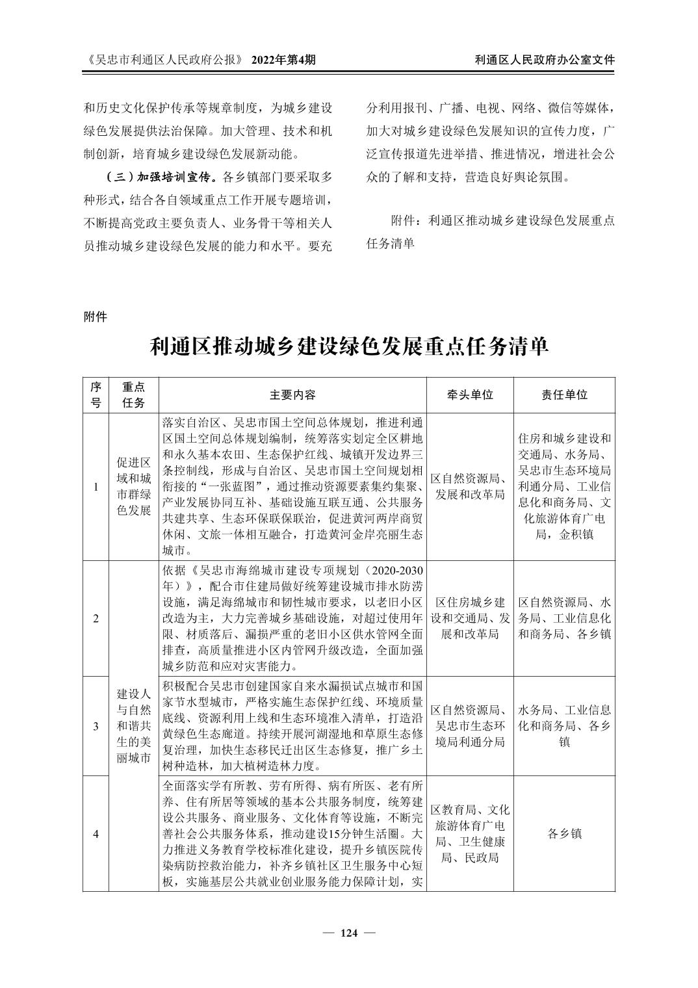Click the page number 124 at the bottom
349,933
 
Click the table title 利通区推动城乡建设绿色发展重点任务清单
349,346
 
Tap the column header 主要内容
292,395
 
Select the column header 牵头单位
469,395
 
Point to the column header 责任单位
564,395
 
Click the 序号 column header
96,395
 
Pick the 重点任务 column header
133,395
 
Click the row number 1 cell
96,487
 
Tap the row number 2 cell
96,618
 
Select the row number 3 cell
96,725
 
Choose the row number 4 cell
96,834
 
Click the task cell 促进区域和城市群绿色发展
133,487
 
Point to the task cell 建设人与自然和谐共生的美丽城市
133,725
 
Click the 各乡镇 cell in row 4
564,834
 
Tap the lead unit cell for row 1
469,487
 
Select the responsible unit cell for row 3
564,725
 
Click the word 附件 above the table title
95,317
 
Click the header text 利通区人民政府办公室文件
545,60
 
